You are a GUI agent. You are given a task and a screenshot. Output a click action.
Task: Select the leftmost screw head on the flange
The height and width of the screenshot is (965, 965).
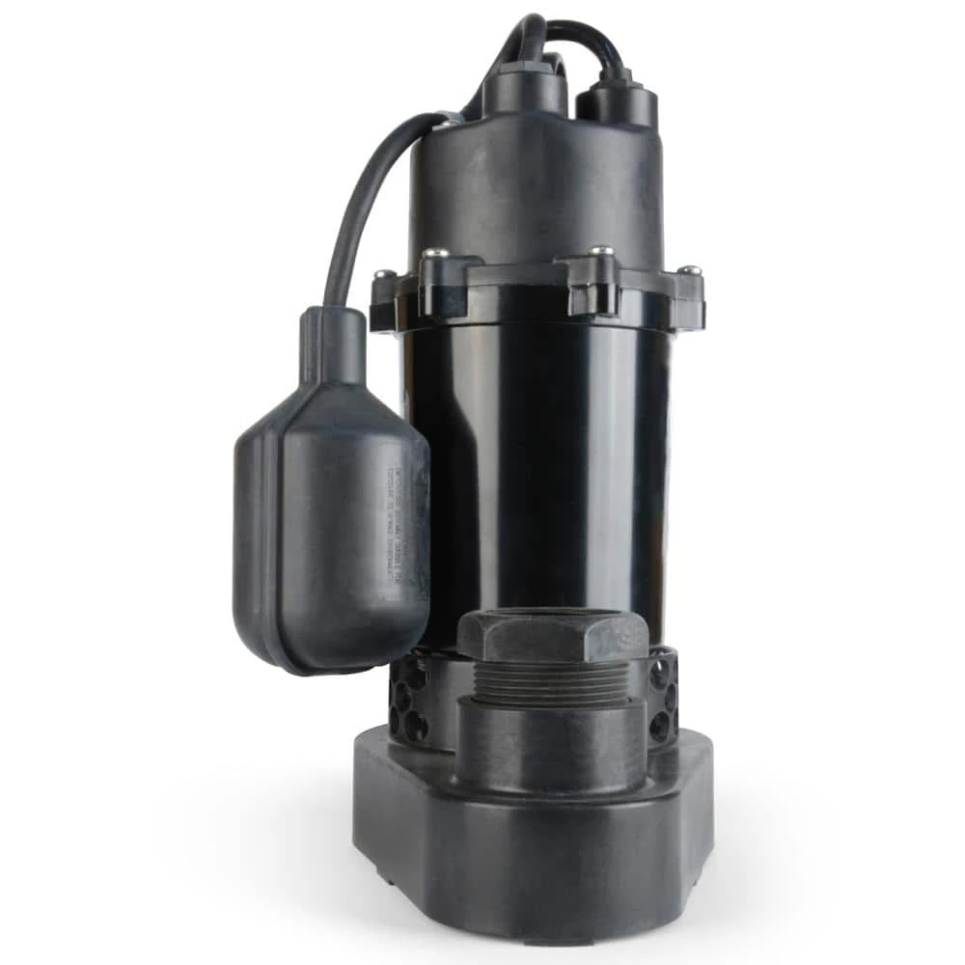tap(384, 274)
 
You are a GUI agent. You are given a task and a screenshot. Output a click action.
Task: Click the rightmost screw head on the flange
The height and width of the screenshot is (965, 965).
tap(689, 271)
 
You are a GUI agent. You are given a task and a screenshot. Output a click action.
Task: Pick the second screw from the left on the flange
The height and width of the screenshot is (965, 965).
tap(434, 254)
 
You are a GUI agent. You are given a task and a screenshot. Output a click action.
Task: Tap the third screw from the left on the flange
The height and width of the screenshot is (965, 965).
tap(601, 253)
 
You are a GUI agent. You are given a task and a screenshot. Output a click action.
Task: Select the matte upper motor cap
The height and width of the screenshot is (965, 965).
tap(536, 193)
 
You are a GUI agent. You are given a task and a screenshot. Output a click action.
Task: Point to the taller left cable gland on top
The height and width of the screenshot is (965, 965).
tap(524, 87)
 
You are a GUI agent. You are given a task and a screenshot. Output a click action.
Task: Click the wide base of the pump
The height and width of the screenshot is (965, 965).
tap(531, 849)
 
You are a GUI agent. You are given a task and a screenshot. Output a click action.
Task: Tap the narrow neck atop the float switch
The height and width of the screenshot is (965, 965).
tap(328, 343)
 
